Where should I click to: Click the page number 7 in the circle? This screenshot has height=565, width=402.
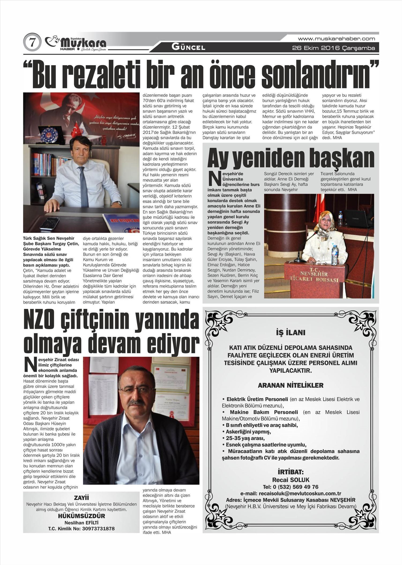pos(32,43)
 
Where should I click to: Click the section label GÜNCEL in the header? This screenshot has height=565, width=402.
pos(188,47)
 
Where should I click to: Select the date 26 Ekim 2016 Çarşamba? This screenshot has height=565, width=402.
pos(333,48)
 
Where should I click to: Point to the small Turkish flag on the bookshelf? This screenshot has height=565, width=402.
pos(76,130)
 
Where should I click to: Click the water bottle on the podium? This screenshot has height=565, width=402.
pos(334,255)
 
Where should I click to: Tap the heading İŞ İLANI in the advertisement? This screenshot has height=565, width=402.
pos(291,333)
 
